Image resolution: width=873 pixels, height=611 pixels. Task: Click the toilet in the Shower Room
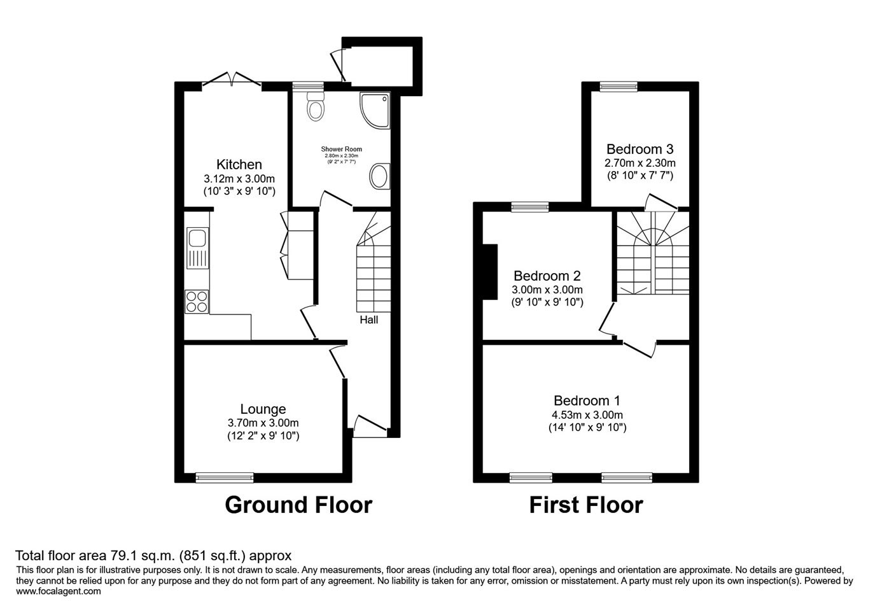316,106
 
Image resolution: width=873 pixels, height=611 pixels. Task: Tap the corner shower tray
375,110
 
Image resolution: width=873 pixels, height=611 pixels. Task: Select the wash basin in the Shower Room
380,176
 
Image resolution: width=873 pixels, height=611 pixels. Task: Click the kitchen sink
198,248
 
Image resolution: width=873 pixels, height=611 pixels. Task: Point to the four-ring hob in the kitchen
197,302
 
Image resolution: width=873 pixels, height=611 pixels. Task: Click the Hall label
368,320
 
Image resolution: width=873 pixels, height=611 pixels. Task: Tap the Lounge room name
263,409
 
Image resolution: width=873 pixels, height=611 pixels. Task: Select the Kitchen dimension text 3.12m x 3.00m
239,179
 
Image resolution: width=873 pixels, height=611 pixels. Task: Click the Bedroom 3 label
640,150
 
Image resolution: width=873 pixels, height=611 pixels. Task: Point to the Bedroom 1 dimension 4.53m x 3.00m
587,415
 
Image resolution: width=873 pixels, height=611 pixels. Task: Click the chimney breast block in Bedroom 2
491,272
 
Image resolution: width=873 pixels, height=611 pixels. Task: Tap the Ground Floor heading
298,505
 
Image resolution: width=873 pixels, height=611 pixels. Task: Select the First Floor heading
586,505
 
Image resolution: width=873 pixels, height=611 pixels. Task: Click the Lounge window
225,477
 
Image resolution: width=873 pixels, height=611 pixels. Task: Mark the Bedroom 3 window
618,87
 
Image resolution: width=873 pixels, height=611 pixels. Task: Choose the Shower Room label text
342,149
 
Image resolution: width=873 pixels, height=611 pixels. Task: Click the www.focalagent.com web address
59,591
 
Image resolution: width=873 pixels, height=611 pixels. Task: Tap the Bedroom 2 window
530,207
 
